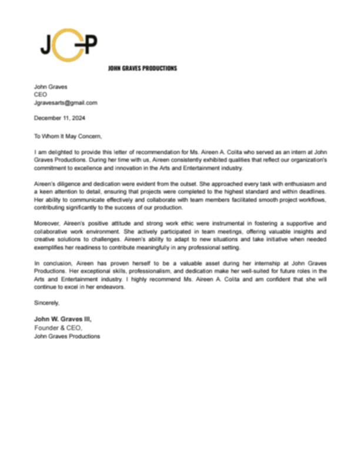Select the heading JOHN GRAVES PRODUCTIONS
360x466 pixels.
click(x=142, y=68)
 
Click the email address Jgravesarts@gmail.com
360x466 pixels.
click(x=65, y=102)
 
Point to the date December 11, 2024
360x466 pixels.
click(x=59, y=118)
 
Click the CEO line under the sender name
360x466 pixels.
click(x=40, y=95)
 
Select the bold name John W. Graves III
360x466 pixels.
click(x=63, y=319)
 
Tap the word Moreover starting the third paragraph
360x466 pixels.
click(x=48, y=224)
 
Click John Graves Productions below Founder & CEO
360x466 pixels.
click(x=66, y=337)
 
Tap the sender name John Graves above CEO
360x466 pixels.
click(x=51, y=87)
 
